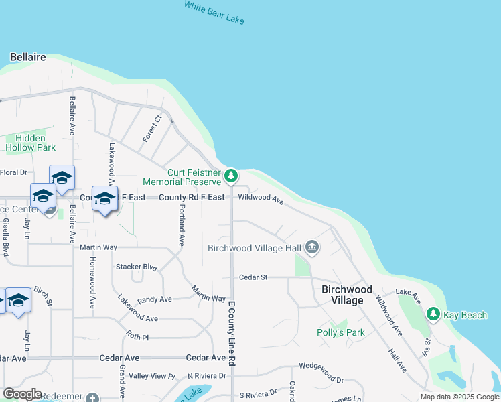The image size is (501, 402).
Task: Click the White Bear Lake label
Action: [x=214, y=13]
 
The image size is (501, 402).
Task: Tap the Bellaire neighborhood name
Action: [x=28, y=57]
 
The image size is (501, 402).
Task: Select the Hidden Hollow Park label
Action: [x=31, y=143]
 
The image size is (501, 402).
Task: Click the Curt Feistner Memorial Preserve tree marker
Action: [x=231, y=176]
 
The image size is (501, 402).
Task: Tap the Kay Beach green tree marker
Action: [x=433, y=314]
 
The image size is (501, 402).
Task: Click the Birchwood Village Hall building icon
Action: [x=312, y=248]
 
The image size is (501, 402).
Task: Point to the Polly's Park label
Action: [x=340, y=332]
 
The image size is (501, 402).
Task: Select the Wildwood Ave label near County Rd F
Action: [x=261, y=198]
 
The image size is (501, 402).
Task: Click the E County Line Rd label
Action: [x=232, y=333]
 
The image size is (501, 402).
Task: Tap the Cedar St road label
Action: [x=253, y=277]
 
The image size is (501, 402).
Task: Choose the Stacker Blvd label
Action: [x=137, y=267]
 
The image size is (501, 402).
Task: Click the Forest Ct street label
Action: [x=152, y=129]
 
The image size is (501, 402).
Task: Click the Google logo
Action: [x=22, y=394]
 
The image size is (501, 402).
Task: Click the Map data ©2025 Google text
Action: [x=459, y=397]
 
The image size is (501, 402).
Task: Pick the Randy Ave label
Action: [x=155, y=299]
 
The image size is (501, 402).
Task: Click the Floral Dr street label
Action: [x=13, y=172]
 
